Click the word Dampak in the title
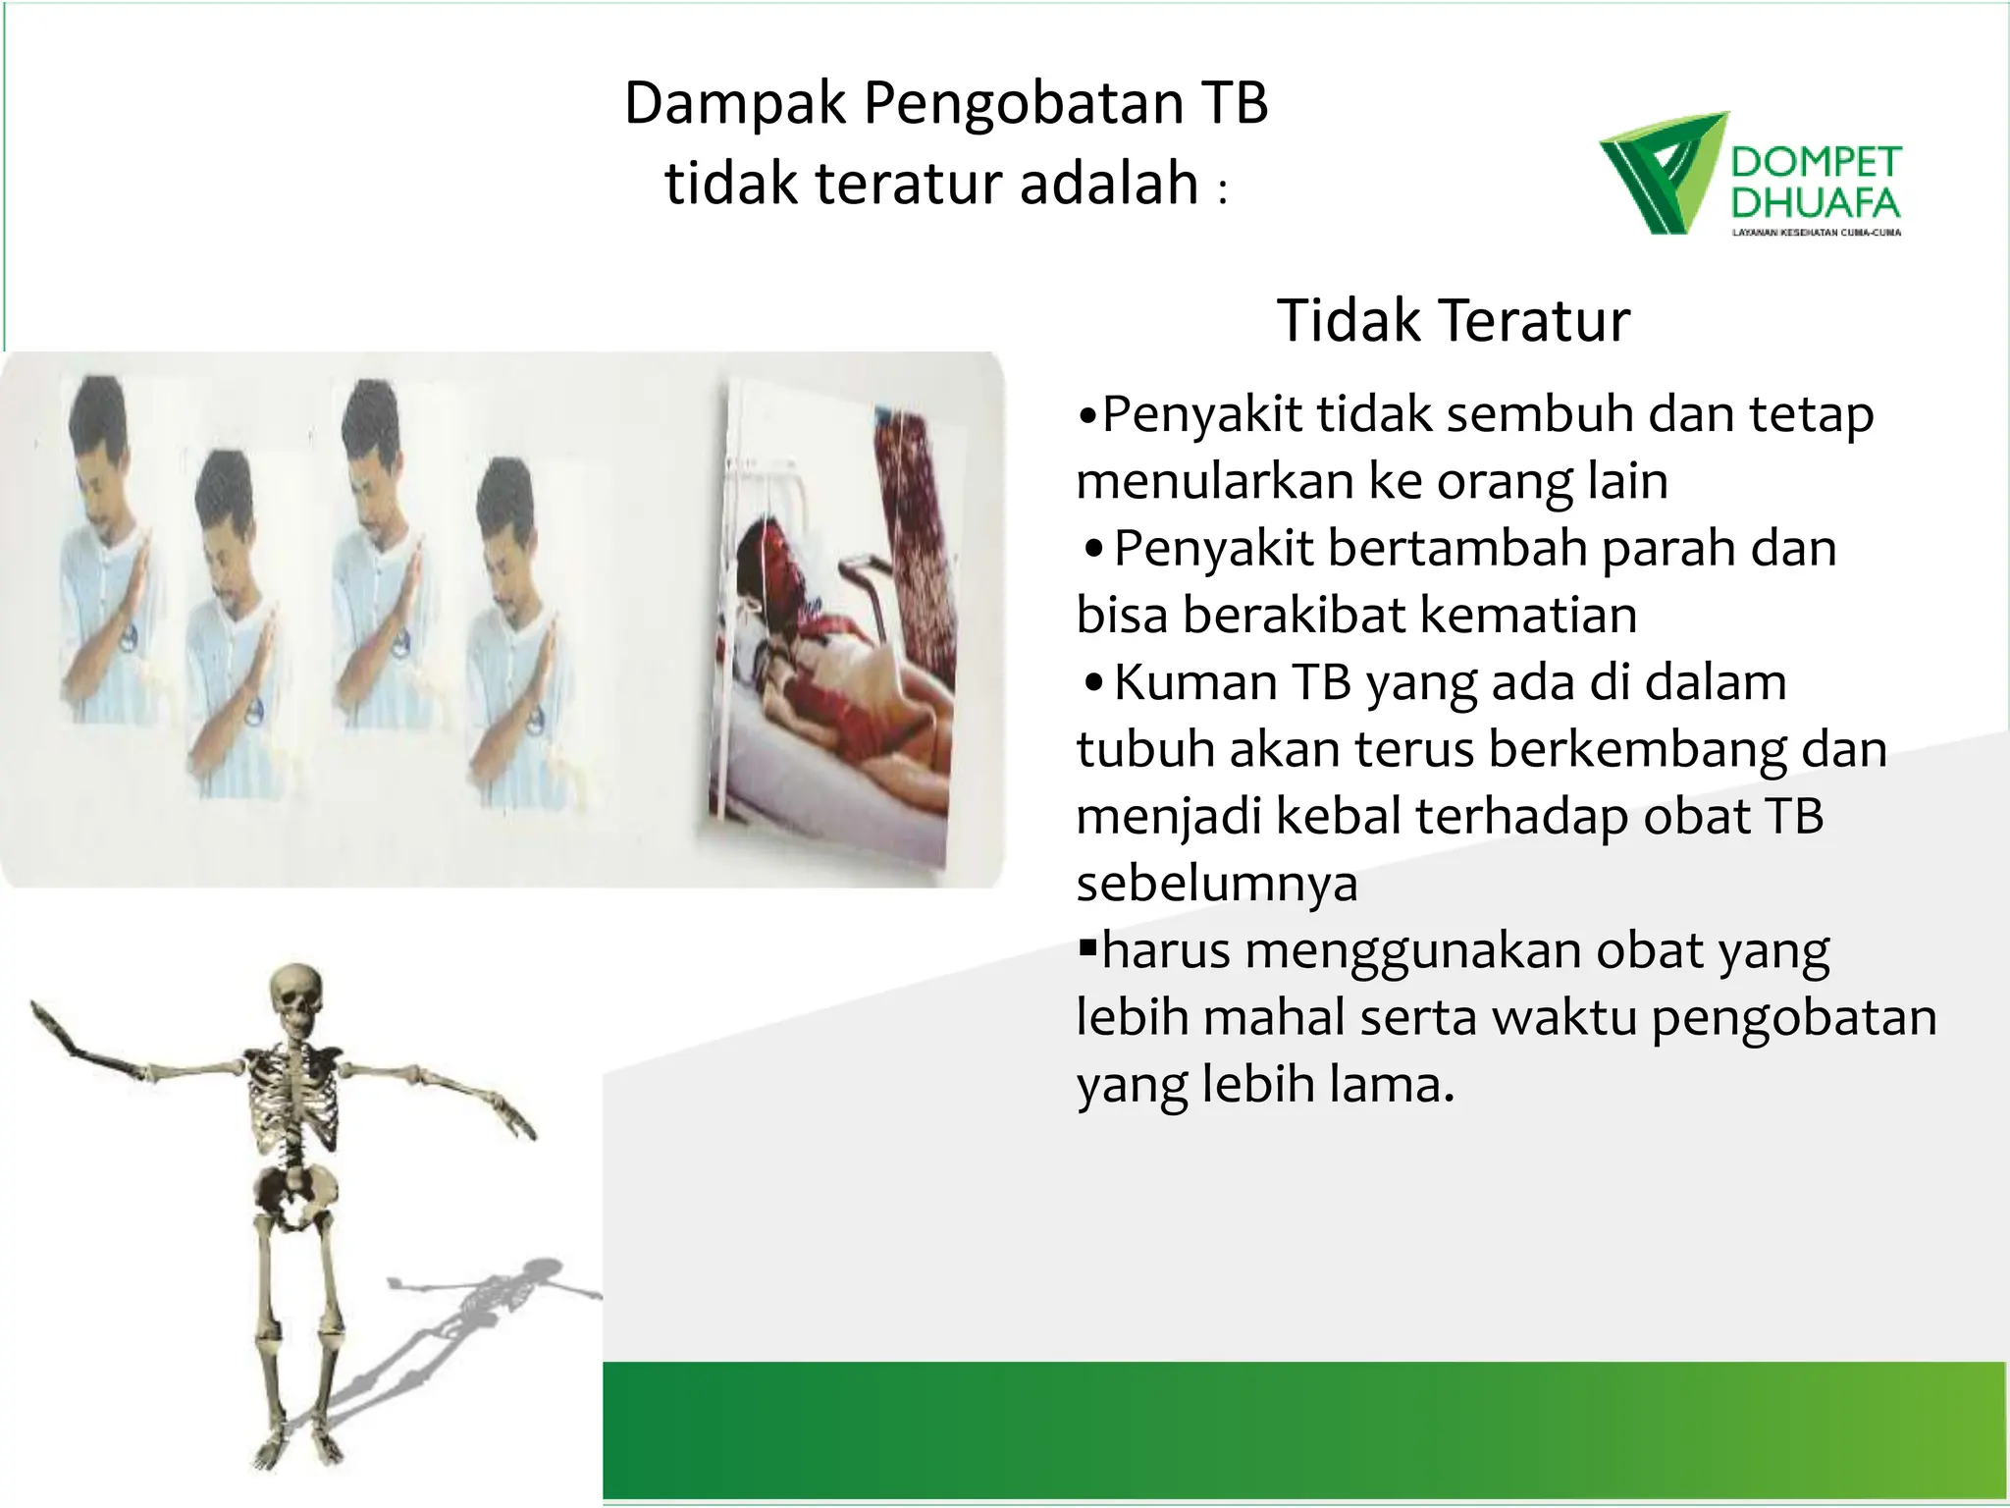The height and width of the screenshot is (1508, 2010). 734,104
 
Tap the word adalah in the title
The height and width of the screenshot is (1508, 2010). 1109,184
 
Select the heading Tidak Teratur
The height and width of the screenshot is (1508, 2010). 1453,320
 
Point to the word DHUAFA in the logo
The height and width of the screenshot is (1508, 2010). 1816,203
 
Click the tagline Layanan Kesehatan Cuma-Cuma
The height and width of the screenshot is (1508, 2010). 1816,233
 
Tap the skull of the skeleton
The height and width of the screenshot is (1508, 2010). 294,996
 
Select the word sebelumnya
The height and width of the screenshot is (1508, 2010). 1217,884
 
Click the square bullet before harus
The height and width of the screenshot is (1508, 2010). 1086,948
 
